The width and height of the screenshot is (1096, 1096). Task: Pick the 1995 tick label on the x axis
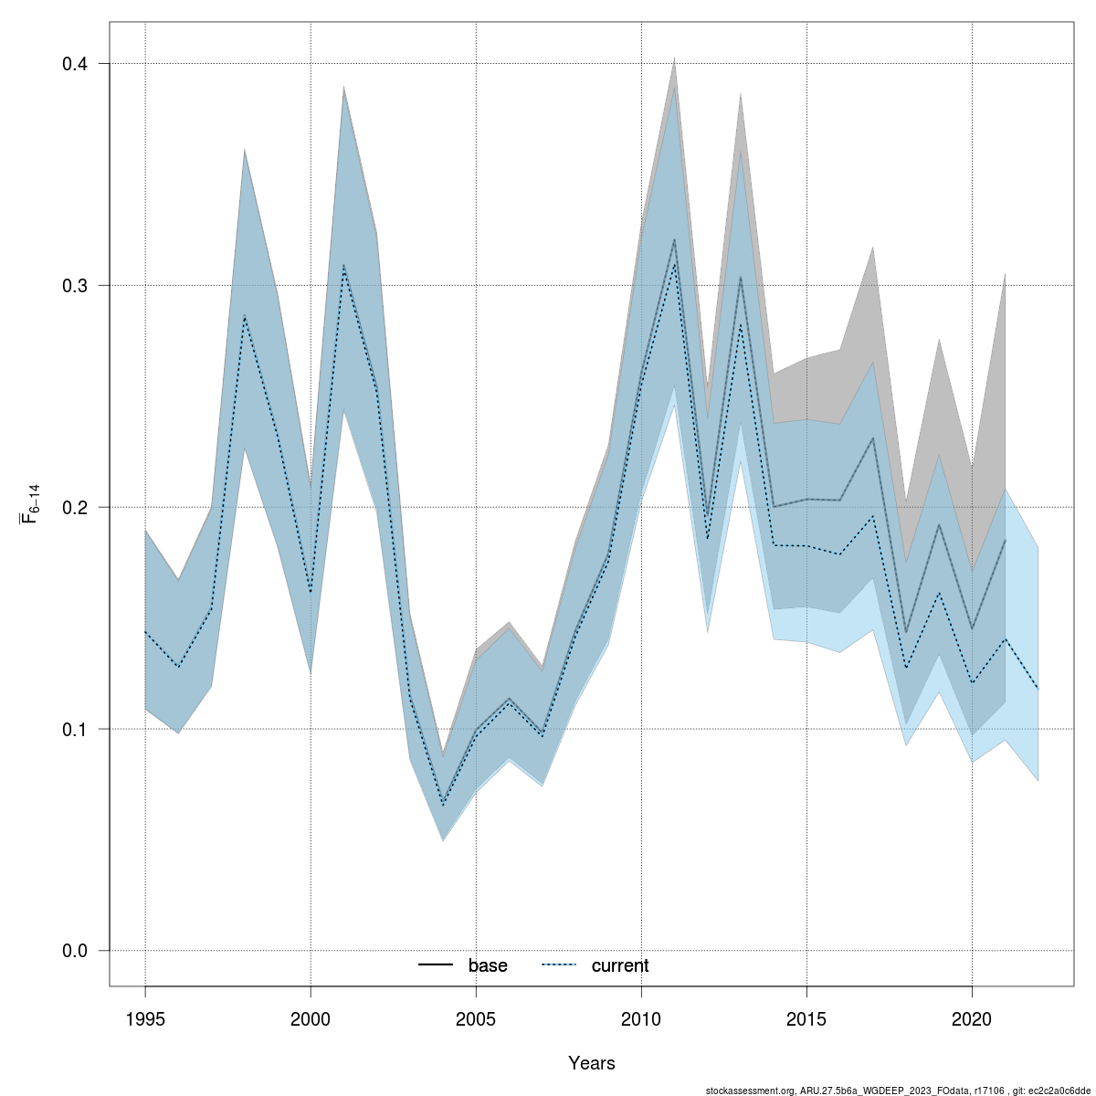coord(145,1018)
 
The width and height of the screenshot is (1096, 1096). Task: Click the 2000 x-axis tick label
coord(311,1018)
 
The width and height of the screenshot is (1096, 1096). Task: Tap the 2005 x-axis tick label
coord(476,1018)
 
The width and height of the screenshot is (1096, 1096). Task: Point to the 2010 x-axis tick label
coord(641,1018)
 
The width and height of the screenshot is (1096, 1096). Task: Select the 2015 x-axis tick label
coord(806,1018)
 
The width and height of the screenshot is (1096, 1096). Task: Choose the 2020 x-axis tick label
coord(972,1018)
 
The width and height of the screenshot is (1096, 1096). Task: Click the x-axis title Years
coord(592,1063)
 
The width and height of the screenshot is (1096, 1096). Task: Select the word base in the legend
coord(488,966)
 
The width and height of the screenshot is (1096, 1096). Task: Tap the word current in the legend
coord(620,966)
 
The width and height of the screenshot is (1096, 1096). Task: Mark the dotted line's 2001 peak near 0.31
coord(343,266)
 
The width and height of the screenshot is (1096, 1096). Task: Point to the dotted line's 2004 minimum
coord(443,805)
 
